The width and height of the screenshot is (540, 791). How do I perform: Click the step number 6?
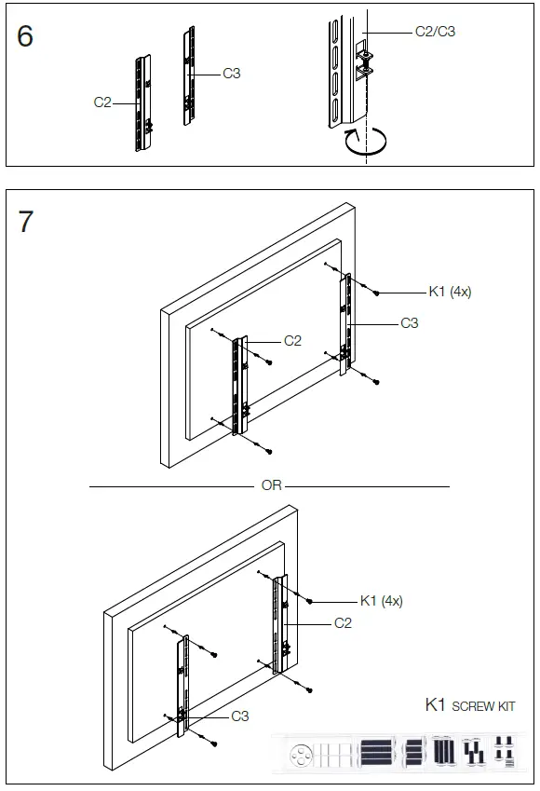(x=25, y=36)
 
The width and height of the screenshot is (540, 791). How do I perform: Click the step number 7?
(x=25, y=222)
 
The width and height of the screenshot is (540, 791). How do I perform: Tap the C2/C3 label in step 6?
(x=435, y=31)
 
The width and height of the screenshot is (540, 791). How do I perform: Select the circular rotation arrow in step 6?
(x=367, y=143)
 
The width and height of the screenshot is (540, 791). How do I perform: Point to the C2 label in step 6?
(x=102, y=102)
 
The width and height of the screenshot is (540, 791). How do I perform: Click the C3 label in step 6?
(x=232, y=73)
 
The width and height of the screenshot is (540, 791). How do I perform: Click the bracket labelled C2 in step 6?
(x=142, y=102)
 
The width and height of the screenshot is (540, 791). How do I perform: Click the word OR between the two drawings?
(x=271, y=485)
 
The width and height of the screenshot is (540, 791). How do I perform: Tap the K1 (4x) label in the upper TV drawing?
(x=450, y=292)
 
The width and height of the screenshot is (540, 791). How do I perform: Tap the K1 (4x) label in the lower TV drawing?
(x=382, y=601)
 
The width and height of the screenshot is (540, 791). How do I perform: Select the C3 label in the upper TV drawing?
(x=410, y=323)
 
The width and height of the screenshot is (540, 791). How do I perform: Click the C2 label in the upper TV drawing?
(x=292, y=341)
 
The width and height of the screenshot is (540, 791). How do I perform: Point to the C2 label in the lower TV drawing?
(x=343, y=622)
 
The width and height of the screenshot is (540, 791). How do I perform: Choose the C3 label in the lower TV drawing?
(x=240, y=716)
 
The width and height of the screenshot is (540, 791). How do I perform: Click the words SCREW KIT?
(x=483, y=706)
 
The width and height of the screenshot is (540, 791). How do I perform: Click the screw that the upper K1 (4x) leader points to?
(x=375, y=293)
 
